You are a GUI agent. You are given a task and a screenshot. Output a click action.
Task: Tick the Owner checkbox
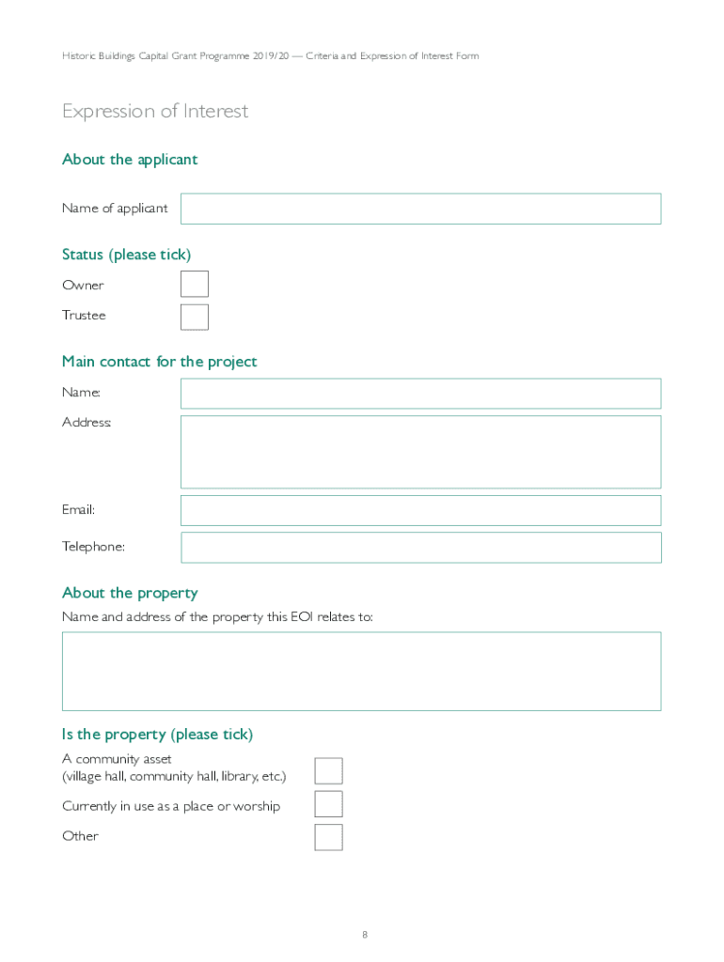click(195, 284)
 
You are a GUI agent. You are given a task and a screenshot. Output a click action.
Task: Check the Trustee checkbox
click(195, 317)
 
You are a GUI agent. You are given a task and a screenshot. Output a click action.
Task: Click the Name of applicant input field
click(420, 209)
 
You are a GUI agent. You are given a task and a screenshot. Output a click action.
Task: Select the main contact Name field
click(420, 394)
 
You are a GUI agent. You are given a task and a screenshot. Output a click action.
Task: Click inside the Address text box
click(420, 452)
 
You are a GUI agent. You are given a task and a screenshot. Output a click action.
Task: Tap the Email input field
click(420, 510)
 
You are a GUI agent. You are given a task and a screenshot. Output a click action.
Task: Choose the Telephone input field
click(420, 548)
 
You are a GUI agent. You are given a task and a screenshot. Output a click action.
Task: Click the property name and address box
click(361, 671)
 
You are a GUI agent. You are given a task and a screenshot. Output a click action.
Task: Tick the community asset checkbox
click(328, 771)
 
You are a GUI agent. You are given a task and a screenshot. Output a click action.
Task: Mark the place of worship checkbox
click(328, 804)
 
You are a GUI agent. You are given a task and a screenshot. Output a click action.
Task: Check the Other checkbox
click(328, 837)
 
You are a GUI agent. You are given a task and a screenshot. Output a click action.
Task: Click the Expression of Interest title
click(155, 111)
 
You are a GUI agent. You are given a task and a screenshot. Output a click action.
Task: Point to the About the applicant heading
click(130, 160)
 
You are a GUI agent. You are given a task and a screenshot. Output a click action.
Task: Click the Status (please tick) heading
click(126, 255)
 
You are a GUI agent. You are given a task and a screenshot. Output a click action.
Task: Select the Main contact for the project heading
click(159, 362)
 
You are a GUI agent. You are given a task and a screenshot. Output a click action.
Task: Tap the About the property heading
click(130, 593)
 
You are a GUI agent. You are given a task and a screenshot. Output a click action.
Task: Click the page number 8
click(365, 935)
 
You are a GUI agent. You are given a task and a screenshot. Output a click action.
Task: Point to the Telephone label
click(93, 547)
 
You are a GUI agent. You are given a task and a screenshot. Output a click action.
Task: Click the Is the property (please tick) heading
click(157, 735)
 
